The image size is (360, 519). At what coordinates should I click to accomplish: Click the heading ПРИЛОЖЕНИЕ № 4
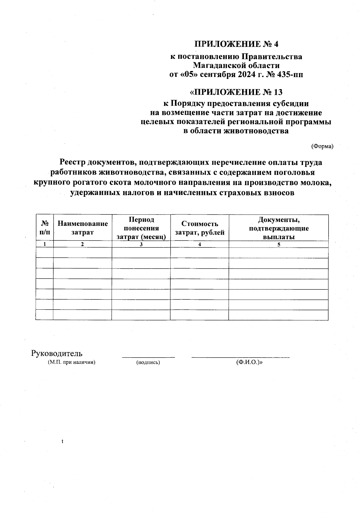pos(236,44)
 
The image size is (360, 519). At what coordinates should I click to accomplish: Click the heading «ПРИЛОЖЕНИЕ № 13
pos(236,92)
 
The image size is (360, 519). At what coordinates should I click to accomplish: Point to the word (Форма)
pos(322,146)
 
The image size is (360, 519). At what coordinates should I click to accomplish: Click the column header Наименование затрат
pos(82,228)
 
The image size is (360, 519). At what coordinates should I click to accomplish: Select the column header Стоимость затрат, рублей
pos(199,228)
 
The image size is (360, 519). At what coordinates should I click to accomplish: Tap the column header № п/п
pos(45,228)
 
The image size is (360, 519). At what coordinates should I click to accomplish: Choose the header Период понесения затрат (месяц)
pos(141,228)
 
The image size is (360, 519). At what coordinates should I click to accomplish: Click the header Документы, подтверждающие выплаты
pos(278,228)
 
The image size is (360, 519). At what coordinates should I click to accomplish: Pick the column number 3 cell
pos(141,244)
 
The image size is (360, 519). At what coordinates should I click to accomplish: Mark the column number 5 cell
pos(278,244)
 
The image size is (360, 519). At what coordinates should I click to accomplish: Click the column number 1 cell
pos(45,244)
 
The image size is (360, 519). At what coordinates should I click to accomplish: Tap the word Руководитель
pos(57,353)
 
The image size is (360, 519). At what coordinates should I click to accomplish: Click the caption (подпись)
pos(148,362)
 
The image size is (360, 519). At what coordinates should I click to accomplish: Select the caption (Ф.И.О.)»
pos(249,362)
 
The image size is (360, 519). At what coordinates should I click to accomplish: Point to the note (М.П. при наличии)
pos(72,362)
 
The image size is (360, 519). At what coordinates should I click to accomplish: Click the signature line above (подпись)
pos(148,357)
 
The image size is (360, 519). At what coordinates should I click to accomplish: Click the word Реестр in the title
pos(73,162)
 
